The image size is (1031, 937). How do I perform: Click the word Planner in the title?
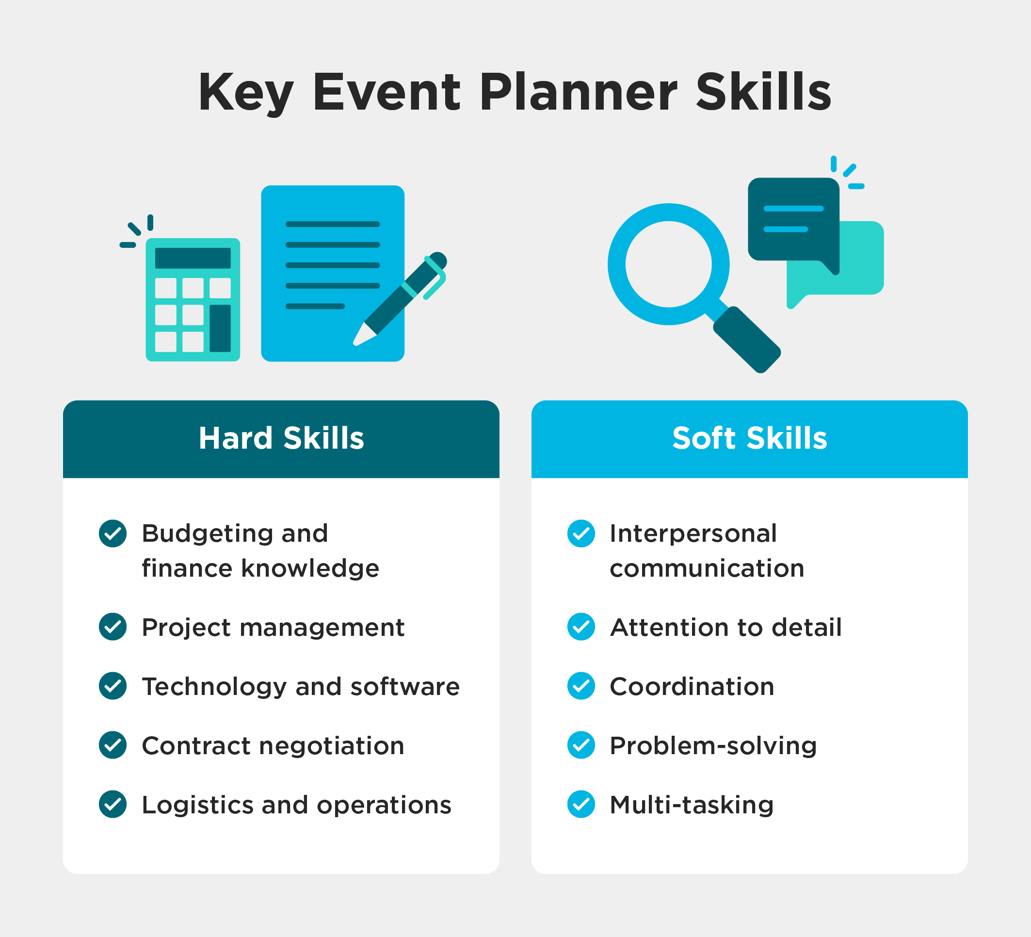(578, 93)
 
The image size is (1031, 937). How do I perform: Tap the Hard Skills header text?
(281, 438)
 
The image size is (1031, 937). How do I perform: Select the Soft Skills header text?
(749, 438)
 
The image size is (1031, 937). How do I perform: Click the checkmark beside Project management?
(113, 627)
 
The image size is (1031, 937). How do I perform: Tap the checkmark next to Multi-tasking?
(581, 805)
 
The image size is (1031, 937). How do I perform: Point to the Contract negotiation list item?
(273, 746)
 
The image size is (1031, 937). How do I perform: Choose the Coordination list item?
(692, 686)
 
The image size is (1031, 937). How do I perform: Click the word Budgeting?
(207, 534)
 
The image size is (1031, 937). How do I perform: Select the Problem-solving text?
(713, 746)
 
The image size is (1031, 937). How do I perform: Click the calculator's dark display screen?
(193, 258)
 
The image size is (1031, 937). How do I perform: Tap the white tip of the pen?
(362, 336)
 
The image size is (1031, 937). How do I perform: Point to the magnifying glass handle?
(747, 339)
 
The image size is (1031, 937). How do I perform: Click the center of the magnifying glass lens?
(668, 264)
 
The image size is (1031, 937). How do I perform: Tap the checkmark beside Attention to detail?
(581, 627)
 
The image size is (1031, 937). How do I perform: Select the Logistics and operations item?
(296, 805)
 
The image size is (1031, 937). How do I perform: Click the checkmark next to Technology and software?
(113, 686)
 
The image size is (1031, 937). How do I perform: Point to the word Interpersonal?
(693, 534)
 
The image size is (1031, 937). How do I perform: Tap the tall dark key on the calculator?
(220, 328)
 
